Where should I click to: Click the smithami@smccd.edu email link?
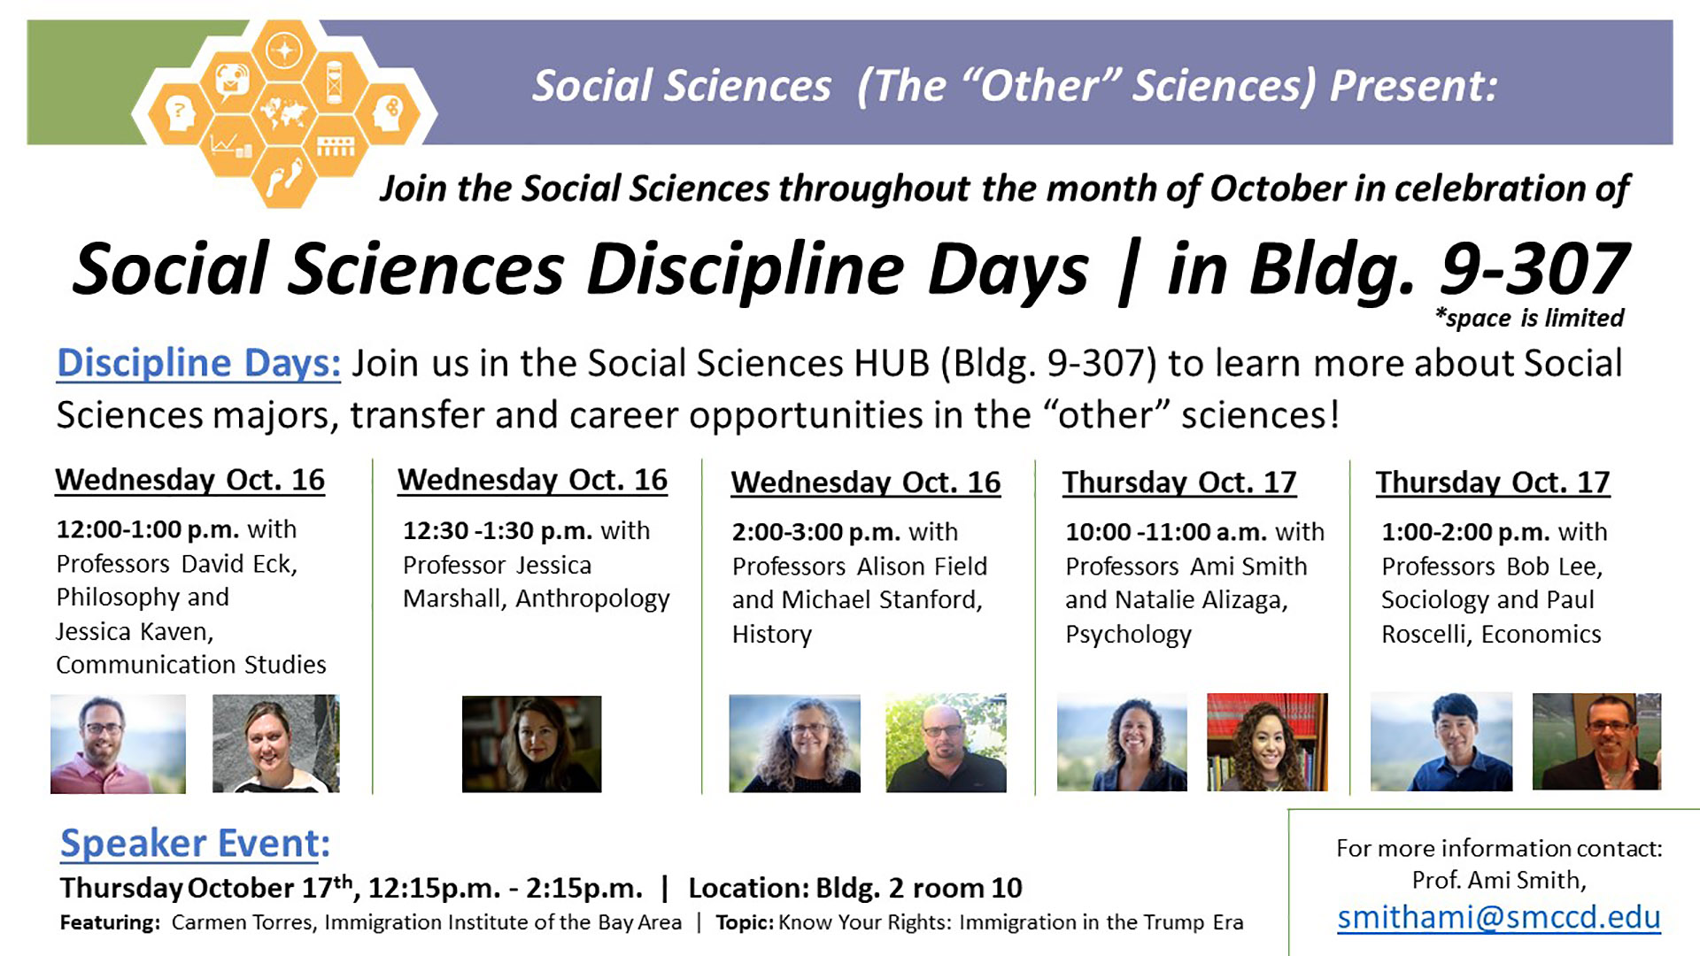click(1499, 917)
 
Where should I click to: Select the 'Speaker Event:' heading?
click(195, 843)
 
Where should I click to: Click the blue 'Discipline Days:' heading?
click(198, 364)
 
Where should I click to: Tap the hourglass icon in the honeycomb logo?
click(335, 81)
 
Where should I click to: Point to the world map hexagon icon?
click(283, 112)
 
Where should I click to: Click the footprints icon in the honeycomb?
click(285, 176)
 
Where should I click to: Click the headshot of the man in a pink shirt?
click(118, 744)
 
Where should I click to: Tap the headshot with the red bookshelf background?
click(1267, 742)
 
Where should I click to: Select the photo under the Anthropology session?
click(531, 744)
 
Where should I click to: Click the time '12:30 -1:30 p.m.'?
click(498, 531)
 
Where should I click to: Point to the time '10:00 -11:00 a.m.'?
click(1166, 532)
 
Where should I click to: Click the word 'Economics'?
click(1541, 635)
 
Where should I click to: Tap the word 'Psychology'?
click(1128, 636)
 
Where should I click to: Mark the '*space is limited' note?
click(1529, 318)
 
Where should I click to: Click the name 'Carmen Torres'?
click(242, 922)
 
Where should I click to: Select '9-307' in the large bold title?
click(1534, 269)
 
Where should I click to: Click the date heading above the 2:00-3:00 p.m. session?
click(866, 482)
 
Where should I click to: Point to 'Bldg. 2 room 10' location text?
click(919, 888)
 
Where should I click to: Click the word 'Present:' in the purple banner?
click(1414, 86)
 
